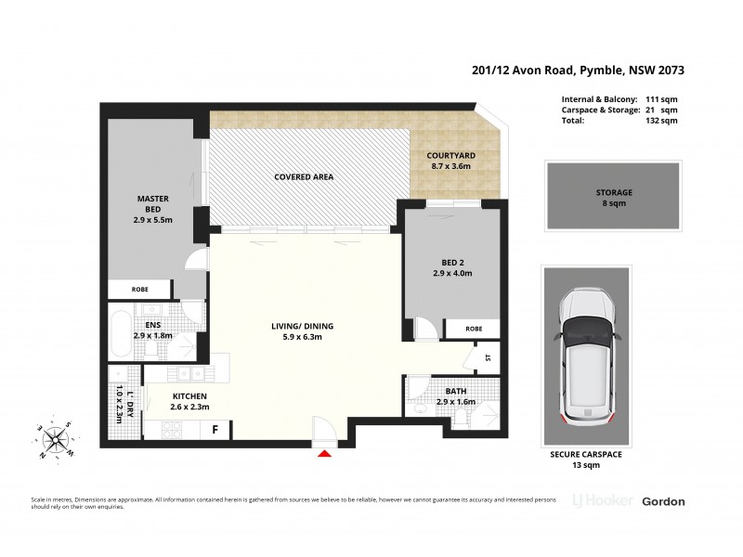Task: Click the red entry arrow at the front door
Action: point(324,453)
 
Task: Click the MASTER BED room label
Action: point(150,199)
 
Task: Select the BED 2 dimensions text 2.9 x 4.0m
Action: point(454,274)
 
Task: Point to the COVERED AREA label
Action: point(304,176)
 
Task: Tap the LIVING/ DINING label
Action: point(302,326)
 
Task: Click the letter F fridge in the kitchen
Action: point(215,430)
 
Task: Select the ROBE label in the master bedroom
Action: point(139,288)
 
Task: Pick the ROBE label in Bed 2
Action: point(474,329)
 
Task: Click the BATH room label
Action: point(455,391)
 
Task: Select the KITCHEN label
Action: point(189,395)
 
